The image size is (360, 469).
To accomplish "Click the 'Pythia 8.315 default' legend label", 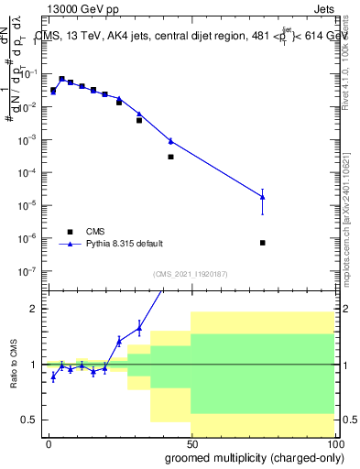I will tap(125, 244).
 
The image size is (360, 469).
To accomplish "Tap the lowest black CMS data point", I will tap(263, 243).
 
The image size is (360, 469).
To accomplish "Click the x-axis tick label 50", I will tap(191, 443).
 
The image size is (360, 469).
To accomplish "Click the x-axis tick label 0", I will tap(49, 443).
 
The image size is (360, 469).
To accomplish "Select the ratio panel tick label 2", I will tap(34, 309).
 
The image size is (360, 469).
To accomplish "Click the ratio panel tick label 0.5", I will tap(30, 420).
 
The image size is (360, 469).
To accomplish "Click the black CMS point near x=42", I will tap(170, 157).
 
